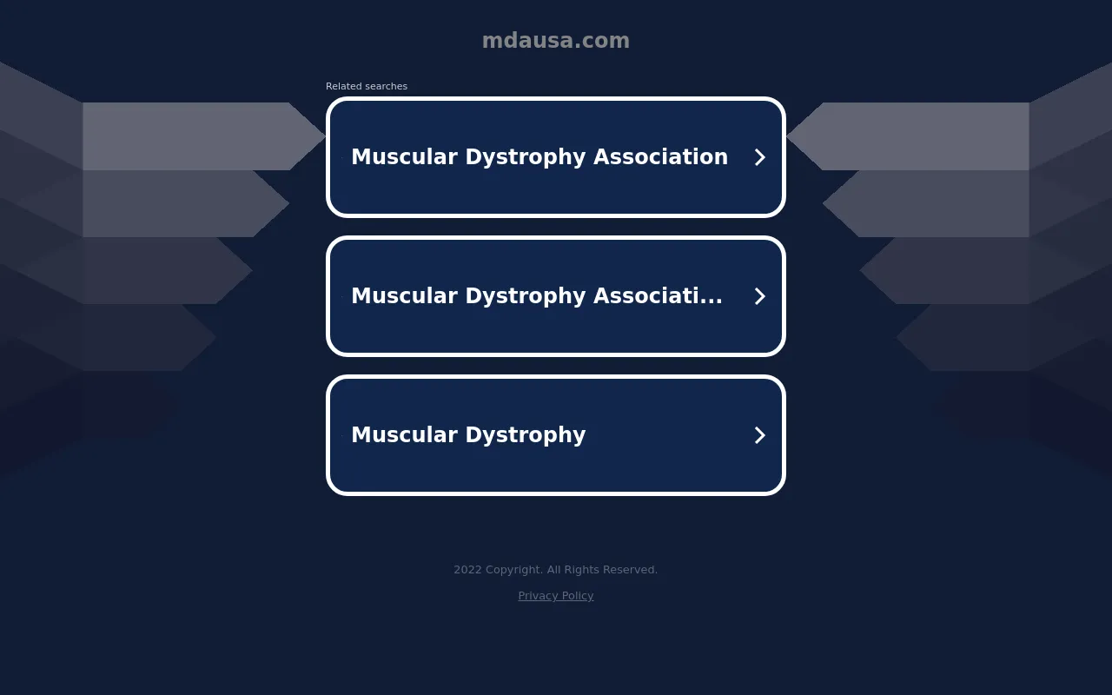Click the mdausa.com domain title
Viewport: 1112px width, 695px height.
point(555,40)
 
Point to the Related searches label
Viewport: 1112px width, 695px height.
point(367,86)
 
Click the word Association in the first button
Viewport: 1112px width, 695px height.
point(661,157)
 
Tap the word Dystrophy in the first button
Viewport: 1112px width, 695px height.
point(526,158)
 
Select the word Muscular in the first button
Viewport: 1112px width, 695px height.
point(405,157)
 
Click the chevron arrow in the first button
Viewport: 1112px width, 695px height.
point(759,157)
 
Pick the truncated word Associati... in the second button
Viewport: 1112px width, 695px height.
point(658,296)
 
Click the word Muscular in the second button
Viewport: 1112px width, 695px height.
point(405,296)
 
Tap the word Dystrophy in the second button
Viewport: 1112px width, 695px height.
point(526,297)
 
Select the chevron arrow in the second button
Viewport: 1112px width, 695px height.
point(759,296)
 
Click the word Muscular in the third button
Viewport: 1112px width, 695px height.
point(405,435)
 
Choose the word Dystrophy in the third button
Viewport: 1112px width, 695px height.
point(526,436)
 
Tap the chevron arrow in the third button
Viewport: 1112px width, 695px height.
point(759,435)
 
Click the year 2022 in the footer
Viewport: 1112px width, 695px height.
point(467,569)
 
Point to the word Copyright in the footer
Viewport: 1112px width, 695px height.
point(513,570)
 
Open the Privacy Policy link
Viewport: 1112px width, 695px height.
point(555,596)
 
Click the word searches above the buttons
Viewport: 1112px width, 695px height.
point(387,86)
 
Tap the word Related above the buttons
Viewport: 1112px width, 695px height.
point(344,86)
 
